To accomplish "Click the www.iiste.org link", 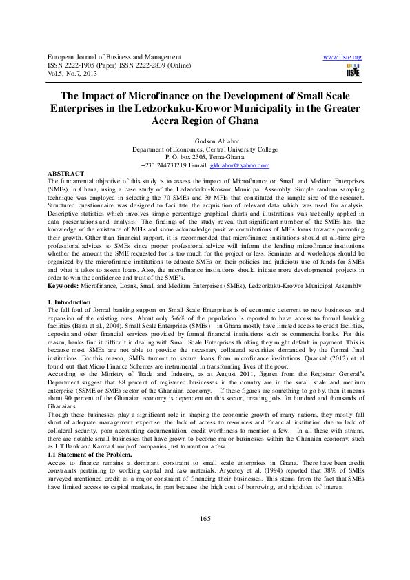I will (342, 57).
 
